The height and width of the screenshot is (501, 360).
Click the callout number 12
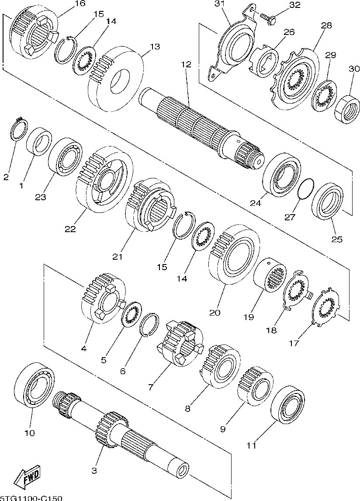(x=186, y=64)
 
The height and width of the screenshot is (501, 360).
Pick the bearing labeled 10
(x=35, y=385)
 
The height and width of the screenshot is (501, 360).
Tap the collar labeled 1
(x=38, y=142)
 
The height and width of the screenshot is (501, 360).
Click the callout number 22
(x=70, y=229)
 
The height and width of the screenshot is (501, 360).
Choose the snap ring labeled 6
(x=149, y=324)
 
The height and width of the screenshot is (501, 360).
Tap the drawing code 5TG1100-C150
(x=31, y=498)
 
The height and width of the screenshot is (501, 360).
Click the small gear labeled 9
(x=255, y=386)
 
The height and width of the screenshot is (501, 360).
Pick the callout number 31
(x=219, y=4)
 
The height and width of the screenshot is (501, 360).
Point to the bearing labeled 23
(x=65, y=156)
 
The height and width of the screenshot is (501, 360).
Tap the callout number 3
(x=94, y=471)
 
